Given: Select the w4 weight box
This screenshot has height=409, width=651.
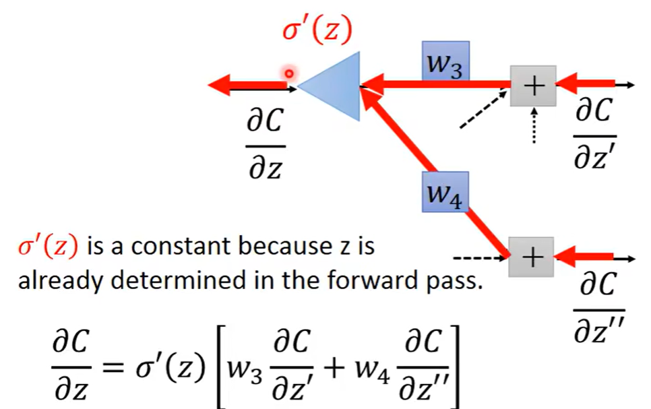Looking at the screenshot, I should pyautogui.click(x=445, y=192).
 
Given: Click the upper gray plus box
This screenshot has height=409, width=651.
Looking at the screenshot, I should pyautogui.click(x=533, y=86).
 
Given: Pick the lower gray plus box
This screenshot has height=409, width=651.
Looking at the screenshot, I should pyautogui.click(x=532, y=257).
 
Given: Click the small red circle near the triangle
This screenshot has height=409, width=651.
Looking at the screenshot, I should pyautogui.click(x=289, y=73).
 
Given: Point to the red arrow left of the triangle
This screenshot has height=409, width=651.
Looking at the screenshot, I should pyautogui.click(x=247, y=86).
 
